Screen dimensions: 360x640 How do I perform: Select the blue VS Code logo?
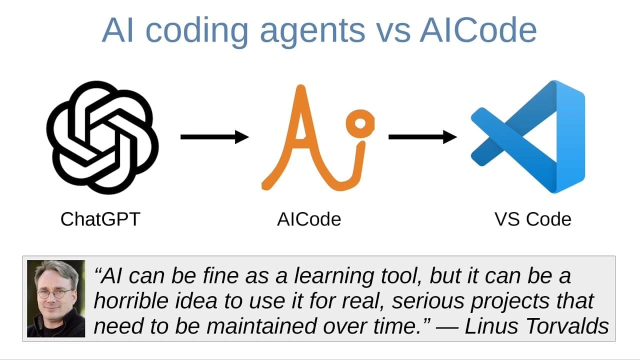pos(527,137)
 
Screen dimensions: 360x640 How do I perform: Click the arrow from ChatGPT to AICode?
pos(214,136)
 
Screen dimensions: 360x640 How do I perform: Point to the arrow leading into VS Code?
pos(422,136)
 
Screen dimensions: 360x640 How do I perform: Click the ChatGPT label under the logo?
pos(100,219)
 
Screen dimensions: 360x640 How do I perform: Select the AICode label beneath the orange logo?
pos(308,219)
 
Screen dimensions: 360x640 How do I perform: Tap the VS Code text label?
pos(532,219)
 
